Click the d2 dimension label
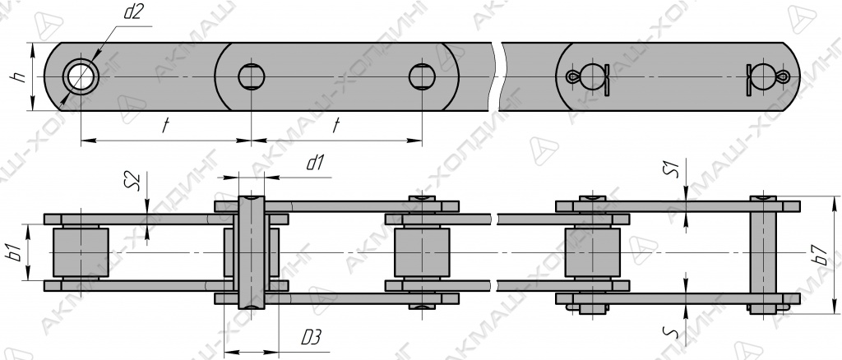click(x=132, y=12)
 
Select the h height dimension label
click(x=20, y=76)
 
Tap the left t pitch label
click(x=166, y=126)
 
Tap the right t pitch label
click(x=336, y=126)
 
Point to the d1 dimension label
click(x=314, y=163)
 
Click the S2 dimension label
click(x=136, y=182)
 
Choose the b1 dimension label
click(x=16, y=252)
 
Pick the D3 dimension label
click(x=311, y=338)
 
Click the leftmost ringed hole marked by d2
click(x=81, y=76)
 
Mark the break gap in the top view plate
click(x=497, y=76)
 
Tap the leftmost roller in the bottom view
click(x=81, y=252)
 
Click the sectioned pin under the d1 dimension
click(x=252, y=252)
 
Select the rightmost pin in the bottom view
click(x=763, y=253)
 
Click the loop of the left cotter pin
click(x=573, y=76)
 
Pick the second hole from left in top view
click(x=252, y=76)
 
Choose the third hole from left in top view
click(x=422, y=76)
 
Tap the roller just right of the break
click(x=592, y=252)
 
